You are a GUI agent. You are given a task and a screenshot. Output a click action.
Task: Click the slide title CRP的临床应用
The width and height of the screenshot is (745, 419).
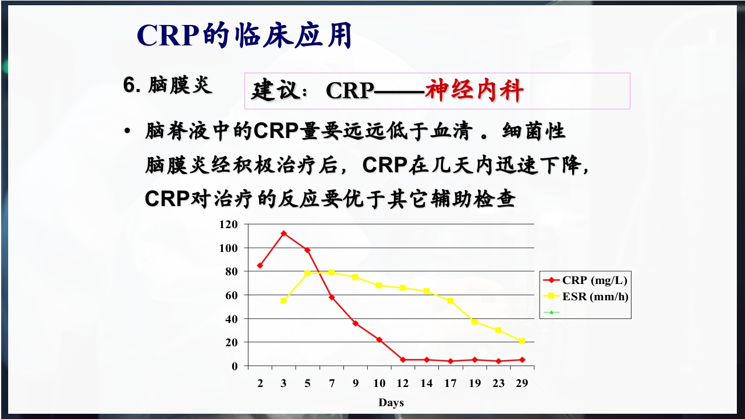pyautogui.click(x=244, y=36)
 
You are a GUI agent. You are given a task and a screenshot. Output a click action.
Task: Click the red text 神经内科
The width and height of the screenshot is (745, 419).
pyautogui.click(x=474, y=91)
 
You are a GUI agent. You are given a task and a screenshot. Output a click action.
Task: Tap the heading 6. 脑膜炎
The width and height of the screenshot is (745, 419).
pyautogui.click(x=168, y=86)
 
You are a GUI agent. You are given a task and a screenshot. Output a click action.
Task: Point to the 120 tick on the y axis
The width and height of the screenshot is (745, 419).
pyautogui.click(x=229, y=225)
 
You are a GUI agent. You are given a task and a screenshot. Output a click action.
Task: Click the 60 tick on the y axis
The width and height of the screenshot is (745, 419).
pyautogui.click(x=231, y=296)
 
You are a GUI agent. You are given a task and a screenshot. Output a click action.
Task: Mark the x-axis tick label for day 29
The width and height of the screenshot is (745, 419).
pyautogui.click(x=521, y=383)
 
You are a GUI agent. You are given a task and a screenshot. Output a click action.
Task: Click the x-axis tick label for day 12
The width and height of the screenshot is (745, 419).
pyautogui.click(x=403, y=383)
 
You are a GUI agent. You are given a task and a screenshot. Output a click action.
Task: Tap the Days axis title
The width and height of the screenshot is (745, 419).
pyautogui.click(x=391, y=403)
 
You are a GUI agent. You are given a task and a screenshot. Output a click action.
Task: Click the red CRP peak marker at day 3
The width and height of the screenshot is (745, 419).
pyautogui.click(x=283, y=233)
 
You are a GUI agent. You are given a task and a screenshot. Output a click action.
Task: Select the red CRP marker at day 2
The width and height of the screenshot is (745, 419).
pyautogui.click(x=260, y=265)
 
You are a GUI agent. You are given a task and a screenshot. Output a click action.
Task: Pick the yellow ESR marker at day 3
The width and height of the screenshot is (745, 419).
pyautogui.click(x=283, y=301)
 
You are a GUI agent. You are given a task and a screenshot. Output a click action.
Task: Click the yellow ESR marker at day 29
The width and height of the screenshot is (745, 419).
pyautogui.click(x=521, y=341)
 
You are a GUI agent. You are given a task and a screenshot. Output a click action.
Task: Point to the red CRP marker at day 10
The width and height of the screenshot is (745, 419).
pyautogui.click(x=379, y=340)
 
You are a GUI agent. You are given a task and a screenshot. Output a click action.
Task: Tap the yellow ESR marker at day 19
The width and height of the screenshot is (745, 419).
pyautogui.click(x=474, y=322)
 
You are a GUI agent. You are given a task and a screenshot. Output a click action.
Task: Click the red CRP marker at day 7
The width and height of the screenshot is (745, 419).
pyautogui.click(x=331, y=297)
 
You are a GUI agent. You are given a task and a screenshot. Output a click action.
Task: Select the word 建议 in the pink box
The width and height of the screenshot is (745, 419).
pyautogui.click(x=271, y=91)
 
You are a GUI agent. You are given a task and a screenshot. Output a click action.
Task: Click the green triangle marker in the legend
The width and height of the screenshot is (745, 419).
pyautogui.click(x=551, y=312)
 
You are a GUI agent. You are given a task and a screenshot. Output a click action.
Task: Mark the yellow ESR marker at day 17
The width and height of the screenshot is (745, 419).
pyautogui.click(x=450, y=301)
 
